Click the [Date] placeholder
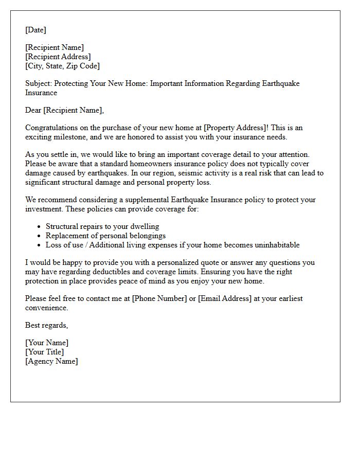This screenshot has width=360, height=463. (x=35, y=30)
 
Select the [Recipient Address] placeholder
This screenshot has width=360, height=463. (x=58, y=57)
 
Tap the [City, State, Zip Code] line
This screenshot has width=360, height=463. (x=62, y=66)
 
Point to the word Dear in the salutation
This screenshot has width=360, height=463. (x=33, y=110)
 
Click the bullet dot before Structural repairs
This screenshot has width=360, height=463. (x=40, y=227)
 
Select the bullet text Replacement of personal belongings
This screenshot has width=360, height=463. (x=105, y=236)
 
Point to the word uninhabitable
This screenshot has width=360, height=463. (x=275, y=245)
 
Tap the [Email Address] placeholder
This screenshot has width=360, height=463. (x=225, y=298)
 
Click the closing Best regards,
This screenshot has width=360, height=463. (x=46, y=325)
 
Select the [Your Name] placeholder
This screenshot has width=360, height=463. (x=47, y=343)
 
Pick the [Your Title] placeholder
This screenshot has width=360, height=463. (x=45, y=352)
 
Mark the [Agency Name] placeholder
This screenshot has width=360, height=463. (x=51, y=361)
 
